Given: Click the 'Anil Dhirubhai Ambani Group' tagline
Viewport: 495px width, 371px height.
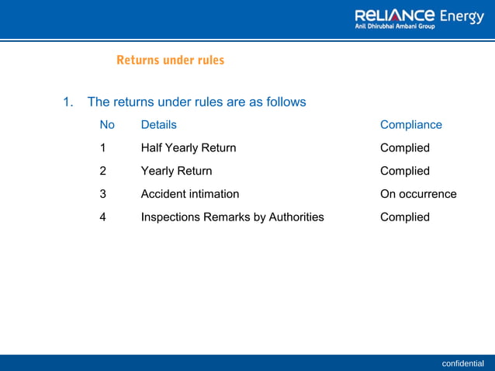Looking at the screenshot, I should coord(395,26).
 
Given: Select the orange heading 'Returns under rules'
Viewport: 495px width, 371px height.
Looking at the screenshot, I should coord(170,60).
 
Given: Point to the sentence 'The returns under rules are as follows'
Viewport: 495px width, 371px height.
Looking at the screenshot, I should coord(196,102).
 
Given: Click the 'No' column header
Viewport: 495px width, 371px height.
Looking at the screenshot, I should coord(107,125).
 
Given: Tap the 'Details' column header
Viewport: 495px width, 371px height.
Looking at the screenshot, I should coord(158,125).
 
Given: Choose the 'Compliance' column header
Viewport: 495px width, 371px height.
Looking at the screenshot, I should coord(410,125).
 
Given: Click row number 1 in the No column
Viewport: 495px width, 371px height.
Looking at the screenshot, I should coord(103,147).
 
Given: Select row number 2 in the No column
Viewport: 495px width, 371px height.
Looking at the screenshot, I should coord(103,171).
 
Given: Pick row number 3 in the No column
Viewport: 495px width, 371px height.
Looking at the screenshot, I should coord(103,194).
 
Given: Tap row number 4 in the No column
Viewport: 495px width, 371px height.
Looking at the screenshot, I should coord(103,217).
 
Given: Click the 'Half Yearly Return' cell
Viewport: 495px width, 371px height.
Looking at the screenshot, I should coord(188,147).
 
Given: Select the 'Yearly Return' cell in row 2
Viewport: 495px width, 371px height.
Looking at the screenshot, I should coord(176,171).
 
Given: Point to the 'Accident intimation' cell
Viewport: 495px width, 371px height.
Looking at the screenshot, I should coord(189,194).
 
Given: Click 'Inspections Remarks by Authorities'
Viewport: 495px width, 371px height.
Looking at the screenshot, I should coord(232,217).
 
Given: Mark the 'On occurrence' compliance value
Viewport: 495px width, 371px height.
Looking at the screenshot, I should coord(418,194).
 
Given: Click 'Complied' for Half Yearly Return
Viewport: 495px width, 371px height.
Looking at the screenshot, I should coord(404,147).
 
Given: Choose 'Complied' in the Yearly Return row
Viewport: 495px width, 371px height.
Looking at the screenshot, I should coord(404,171).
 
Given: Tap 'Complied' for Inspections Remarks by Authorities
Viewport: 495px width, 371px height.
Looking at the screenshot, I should coord(404,217).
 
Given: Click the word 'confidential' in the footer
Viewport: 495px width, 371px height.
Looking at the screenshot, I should coord(462,363).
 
